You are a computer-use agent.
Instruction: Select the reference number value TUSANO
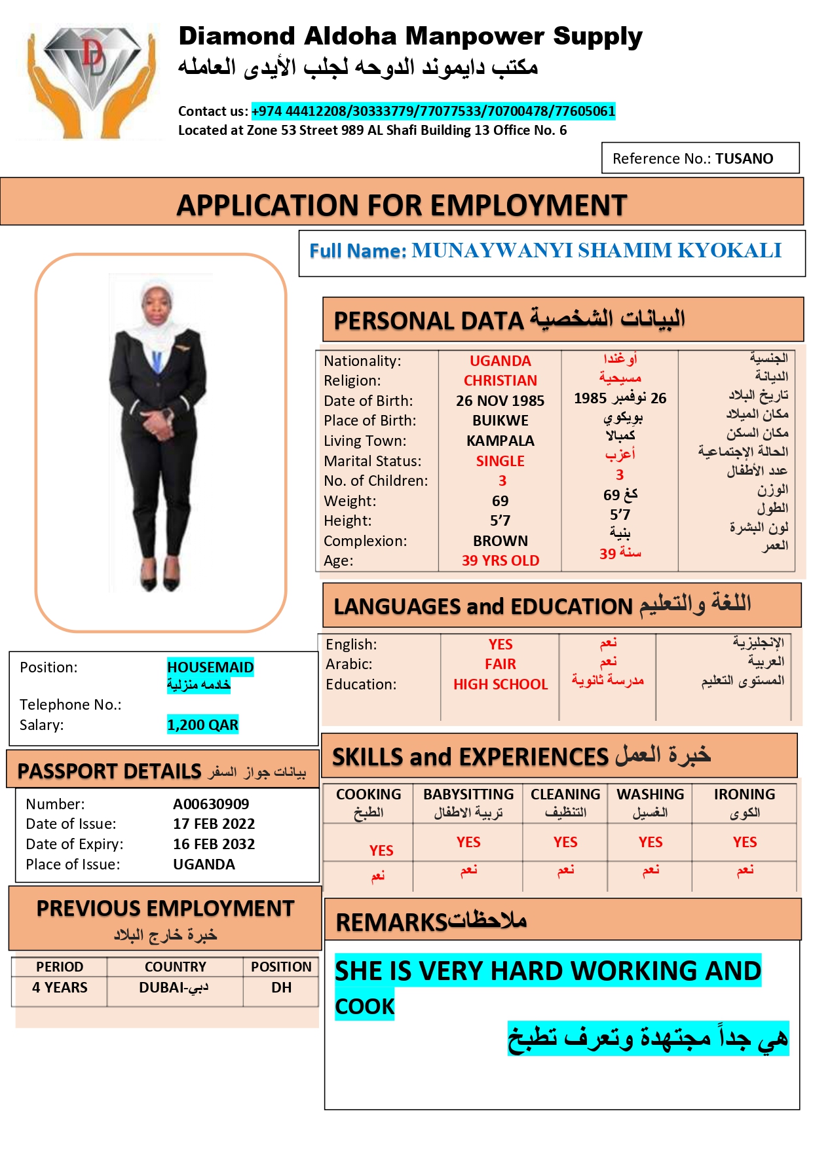click(x=744, y=158)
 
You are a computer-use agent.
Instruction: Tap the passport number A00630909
click(x=211, y=804)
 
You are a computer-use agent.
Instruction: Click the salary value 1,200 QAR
click(x=202, y=725)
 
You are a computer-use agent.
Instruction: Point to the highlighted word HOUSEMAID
click(x=210, y=667)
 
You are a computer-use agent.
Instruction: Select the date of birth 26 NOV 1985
click(x=500, y=401)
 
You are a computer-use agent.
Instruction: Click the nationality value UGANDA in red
click(x=500, y=361)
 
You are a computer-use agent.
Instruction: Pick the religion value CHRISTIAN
click(x=500, y=380)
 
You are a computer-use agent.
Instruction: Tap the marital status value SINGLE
click(x=500, y=461)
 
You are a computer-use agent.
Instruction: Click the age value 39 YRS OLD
click(x=500, y=560)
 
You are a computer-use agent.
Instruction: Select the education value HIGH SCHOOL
click(x=500, y=684)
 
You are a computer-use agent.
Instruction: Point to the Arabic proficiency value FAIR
click(x=500, y=664)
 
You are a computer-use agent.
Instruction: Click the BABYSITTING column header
click(x=468, y=794)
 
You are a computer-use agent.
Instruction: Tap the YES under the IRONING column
click(x=744, y=842)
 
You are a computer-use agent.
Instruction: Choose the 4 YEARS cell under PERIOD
click(x=60, y=987)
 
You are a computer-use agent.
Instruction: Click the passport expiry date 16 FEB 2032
click(x=214, y=844)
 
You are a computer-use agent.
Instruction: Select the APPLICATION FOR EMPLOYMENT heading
click(x=402, y=206)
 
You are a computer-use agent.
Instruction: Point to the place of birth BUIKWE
click(x=500, y=420)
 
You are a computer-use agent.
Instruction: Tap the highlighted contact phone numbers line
click(x=433, y=111)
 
